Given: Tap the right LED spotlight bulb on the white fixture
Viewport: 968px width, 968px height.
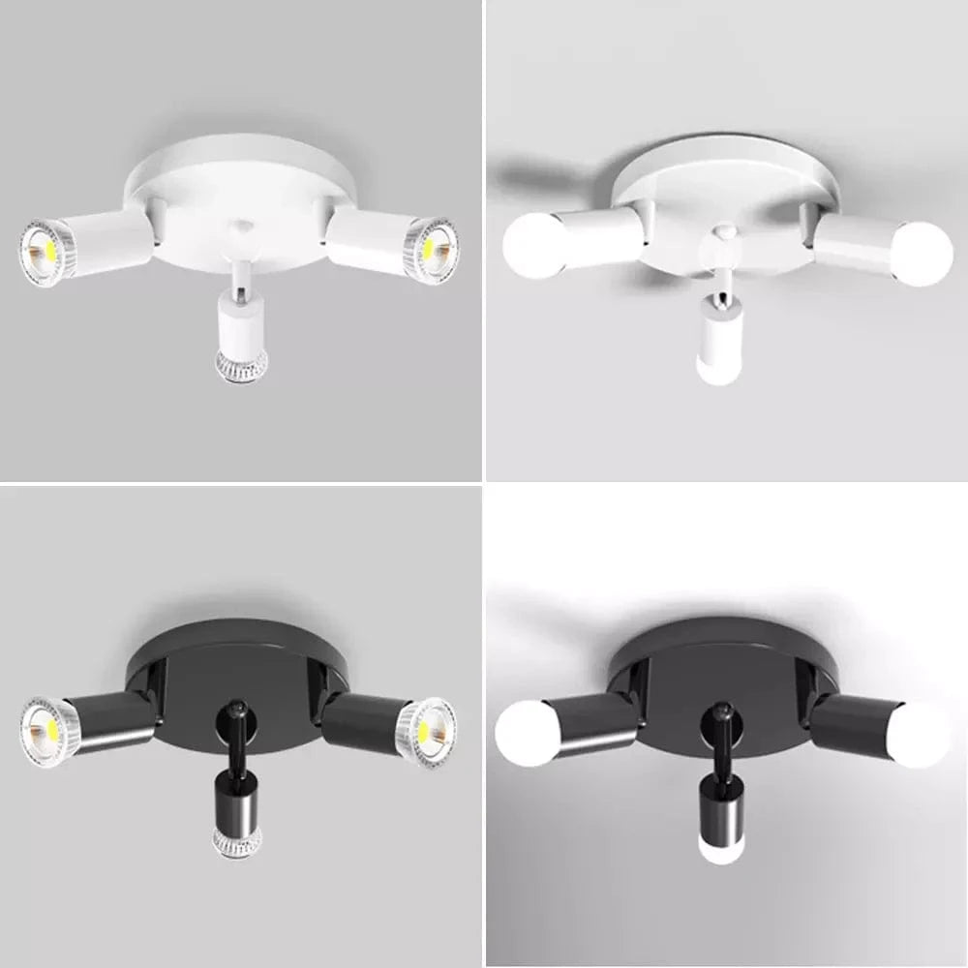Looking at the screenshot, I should click(432, 249).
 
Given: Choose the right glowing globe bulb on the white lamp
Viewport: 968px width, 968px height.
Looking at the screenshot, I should click(921, 254).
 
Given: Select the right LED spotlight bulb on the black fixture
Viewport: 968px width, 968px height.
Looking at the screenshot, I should click(429, 731).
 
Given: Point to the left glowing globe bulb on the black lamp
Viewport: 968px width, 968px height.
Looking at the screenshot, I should click(529, 733).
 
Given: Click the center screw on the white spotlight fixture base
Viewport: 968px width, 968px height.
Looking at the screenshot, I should click(239, 226).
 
